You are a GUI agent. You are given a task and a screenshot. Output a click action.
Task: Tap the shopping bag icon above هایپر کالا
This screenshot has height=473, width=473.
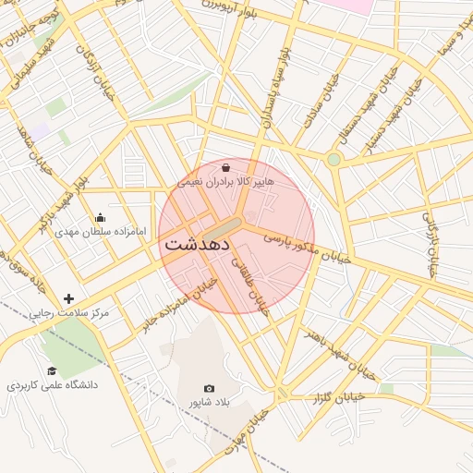(x=227, y=167)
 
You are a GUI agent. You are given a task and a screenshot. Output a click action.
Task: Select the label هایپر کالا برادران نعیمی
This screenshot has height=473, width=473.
(x=226, y=182)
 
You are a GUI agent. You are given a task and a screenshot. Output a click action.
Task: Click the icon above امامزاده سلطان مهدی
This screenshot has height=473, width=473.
(x=100, y=218)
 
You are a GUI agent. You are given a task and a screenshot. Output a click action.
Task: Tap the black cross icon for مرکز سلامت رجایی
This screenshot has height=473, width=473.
(x=68, y=298)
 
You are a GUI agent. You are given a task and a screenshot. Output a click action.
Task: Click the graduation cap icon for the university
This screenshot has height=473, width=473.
(x=52, y=370)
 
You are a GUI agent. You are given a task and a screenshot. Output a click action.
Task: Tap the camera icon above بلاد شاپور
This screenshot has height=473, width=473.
(x=209, y=389)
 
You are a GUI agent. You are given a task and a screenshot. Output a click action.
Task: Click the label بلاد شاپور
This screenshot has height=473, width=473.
(x=209, y=403)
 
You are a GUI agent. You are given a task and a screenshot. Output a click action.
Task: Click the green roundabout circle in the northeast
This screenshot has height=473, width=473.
(x=334, y=160)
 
